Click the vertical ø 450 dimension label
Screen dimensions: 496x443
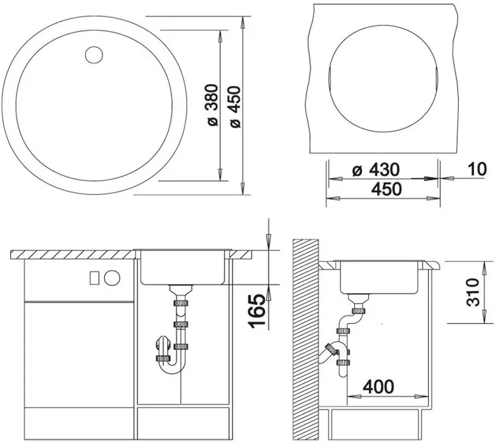[235, 106]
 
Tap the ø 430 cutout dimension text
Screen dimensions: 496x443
[376, 170]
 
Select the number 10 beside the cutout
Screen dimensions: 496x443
[477, 169]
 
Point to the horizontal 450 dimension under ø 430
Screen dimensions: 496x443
[386, 189]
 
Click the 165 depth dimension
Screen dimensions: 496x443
[257, 311]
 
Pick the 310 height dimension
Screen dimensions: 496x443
[473, 292]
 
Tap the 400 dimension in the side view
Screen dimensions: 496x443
[378, 386]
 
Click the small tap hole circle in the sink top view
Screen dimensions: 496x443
[94, 56]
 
